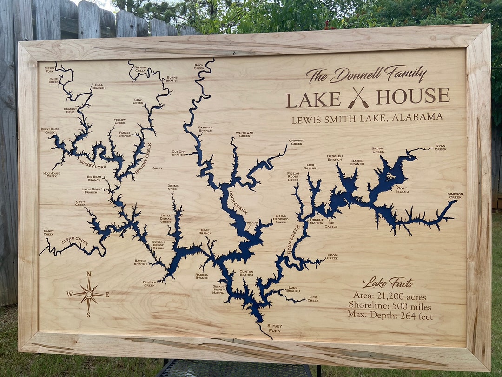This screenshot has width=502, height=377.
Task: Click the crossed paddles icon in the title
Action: tap(358, 98)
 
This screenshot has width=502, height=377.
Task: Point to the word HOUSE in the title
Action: tap(413, 97)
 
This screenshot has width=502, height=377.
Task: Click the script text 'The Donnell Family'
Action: tap(366, 74)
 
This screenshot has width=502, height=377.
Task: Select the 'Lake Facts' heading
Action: tap(388, 283)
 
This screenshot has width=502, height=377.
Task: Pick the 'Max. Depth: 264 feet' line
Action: tap(390, 316)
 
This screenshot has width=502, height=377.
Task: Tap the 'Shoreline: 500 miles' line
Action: tap(390, 306)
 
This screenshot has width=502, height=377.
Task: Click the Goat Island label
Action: tap(403, 190)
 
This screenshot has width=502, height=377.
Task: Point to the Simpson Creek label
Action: tap(455, 196)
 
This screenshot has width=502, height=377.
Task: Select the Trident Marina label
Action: tap(316, 221)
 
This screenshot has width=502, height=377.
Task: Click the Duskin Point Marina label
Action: tap(218, 289)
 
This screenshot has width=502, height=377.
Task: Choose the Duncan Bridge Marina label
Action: tap(158, 245)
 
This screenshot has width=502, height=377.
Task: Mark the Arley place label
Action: tap(158, 168)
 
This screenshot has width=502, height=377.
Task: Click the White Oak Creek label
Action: tap(244, 134)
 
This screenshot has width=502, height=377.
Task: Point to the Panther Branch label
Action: tap(205, 129)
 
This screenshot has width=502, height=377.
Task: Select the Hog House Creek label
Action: tap(52, 175)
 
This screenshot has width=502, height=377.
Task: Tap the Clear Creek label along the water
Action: tap(74, 241)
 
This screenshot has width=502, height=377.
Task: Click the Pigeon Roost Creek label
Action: tap(293, 176)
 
